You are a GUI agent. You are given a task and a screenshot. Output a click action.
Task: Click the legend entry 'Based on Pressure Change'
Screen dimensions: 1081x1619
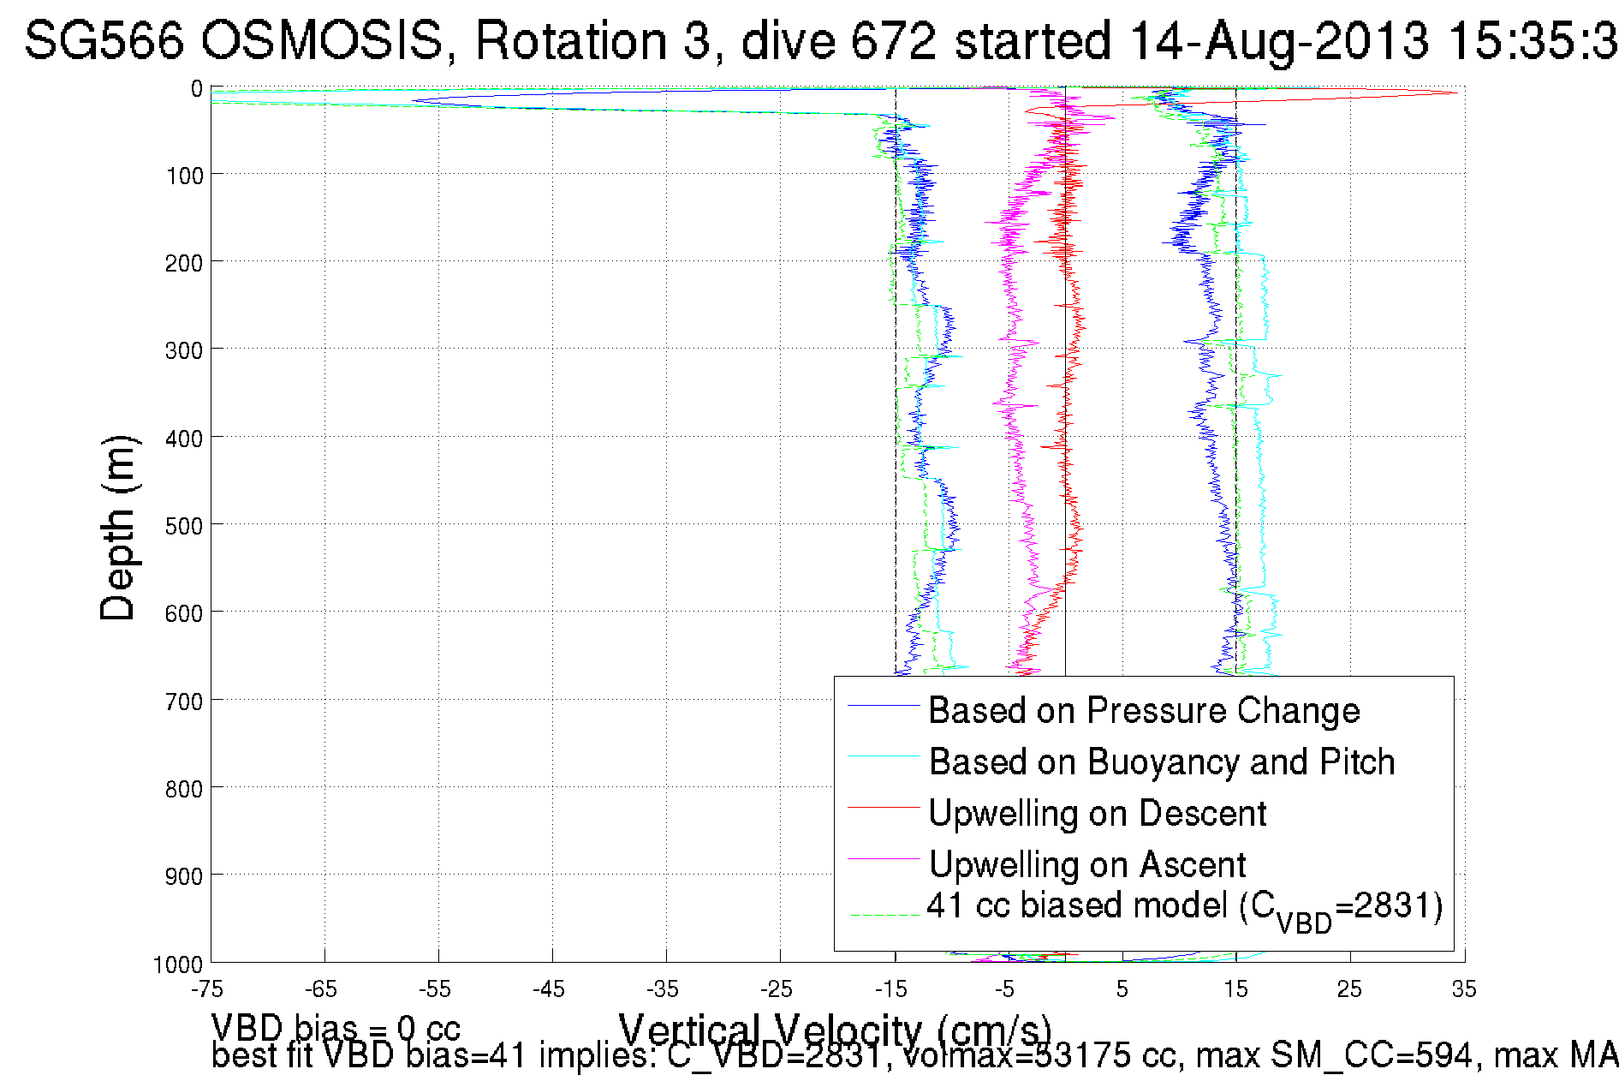click(1143, 710)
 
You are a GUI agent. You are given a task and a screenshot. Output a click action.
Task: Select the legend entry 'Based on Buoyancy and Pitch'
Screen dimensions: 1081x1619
click(1161, 761)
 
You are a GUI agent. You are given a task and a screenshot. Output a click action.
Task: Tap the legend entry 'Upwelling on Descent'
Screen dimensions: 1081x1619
click(1097, 813)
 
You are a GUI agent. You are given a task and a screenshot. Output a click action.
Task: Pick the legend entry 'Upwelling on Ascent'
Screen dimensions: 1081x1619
click(1086, 864)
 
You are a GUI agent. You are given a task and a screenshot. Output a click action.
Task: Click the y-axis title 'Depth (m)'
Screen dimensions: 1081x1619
click(117, 528)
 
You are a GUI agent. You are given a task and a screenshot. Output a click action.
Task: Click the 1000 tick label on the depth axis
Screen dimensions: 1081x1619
click(177, 965)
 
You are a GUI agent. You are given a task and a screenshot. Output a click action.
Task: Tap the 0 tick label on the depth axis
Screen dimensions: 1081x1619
click(196, 89)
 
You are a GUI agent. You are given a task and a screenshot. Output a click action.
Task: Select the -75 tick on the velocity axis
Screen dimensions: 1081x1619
click(207, 989)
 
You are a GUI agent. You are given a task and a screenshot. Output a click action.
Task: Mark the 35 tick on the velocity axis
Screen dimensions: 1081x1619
click(1463, 989)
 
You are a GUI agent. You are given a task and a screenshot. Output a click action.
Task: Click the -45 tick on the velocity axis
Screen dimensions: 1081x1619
click(549, 989)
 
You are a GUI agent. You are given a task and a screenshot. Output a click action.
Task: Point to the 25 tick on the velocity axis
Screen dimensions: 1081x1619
click(1349, 989)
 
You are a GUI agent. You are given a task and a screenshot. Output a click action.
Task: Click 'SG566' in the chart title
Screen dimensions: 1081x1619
click(104, 40)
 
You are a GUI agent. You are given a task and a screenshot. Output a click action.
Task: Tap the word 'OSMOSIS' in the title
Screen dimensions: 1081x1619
click(324, 40)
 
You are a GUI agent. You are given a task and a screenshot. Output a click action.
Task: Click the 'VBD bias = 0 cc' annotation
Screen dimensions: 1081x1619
click(336, 1028)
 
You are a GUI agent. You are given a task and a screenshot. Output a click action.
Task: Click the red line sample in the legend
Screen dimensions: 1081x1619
click(883, 807)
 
